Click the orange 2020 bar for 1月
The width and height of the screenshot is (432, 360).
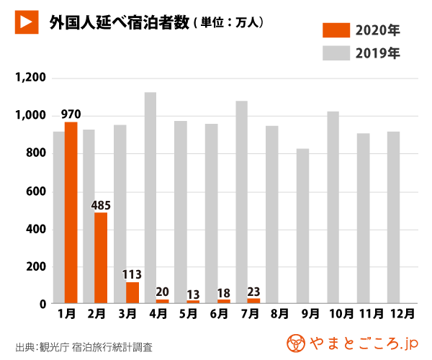coord(71,212)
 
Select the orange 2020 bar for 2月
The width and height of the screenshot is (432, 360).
coord(101,257)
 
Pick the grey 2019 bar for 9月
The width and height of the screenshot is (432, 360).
coord(302,226)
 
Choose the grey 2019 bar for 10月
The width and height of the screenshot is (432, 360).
coord(333,207)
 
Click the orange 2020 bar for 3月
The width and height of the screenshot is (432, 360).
coord(132,292)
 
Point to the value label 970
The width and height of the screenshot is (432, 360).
coord(71,114)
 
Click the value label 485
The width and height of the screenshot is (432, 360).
coord(101,204)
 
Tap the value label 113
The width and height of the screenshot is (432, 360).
coord(132,274)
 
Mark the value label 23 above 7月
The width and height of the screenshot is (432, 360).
coord(253,291)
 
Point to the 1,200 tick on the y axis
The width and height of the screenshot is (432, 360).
coord(30,78)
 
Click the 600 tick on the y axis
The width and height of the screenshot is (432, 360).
coord(35,192)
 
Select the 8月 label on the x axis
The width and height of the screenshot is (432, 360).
coord(279,314)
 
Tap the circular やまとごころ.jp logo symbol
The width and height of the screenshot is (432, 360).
coord(295,342)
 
